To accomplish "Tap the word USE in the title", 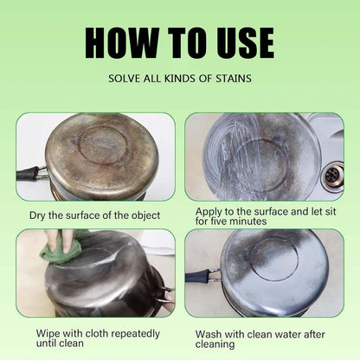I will (x=237, y=42).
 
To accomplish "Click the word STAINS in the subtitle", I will (x=230, y=79).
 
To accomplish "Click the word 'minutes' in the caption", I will (x=247, y=222).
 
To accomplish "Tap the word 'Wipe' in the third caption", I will (x=50, y=332).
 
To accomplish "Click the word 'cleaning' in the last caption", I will (x=215, y=344).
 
